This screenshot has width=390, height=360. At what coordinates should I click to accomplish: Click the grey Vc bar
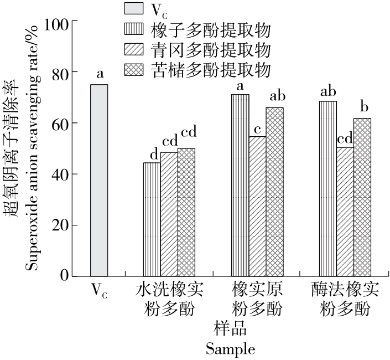coord(99,180)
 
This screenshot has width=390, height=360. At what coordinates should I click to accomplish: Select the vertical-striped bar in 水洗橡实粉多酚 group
coord(152,219)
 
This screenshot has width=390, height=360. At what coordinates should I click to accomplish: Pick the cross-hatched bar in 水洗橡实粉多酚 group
coord(186,212)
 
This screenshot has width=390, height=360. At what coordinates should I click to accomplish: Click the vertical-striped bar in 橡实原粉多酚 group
coord(240,185)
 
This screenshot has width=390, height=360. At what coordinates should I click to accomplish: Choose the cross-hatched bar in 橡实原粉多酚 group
coord(274,192)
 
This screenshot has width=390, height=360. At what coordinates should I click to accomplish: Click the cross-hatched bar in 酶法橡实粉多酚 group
coord(362,197)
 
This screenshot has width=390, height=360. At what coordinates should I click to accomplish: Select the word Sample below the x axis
coord(230,349)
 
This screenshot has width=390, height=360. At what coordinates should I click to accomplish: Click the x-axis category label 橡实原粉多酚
coord(257,299)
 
